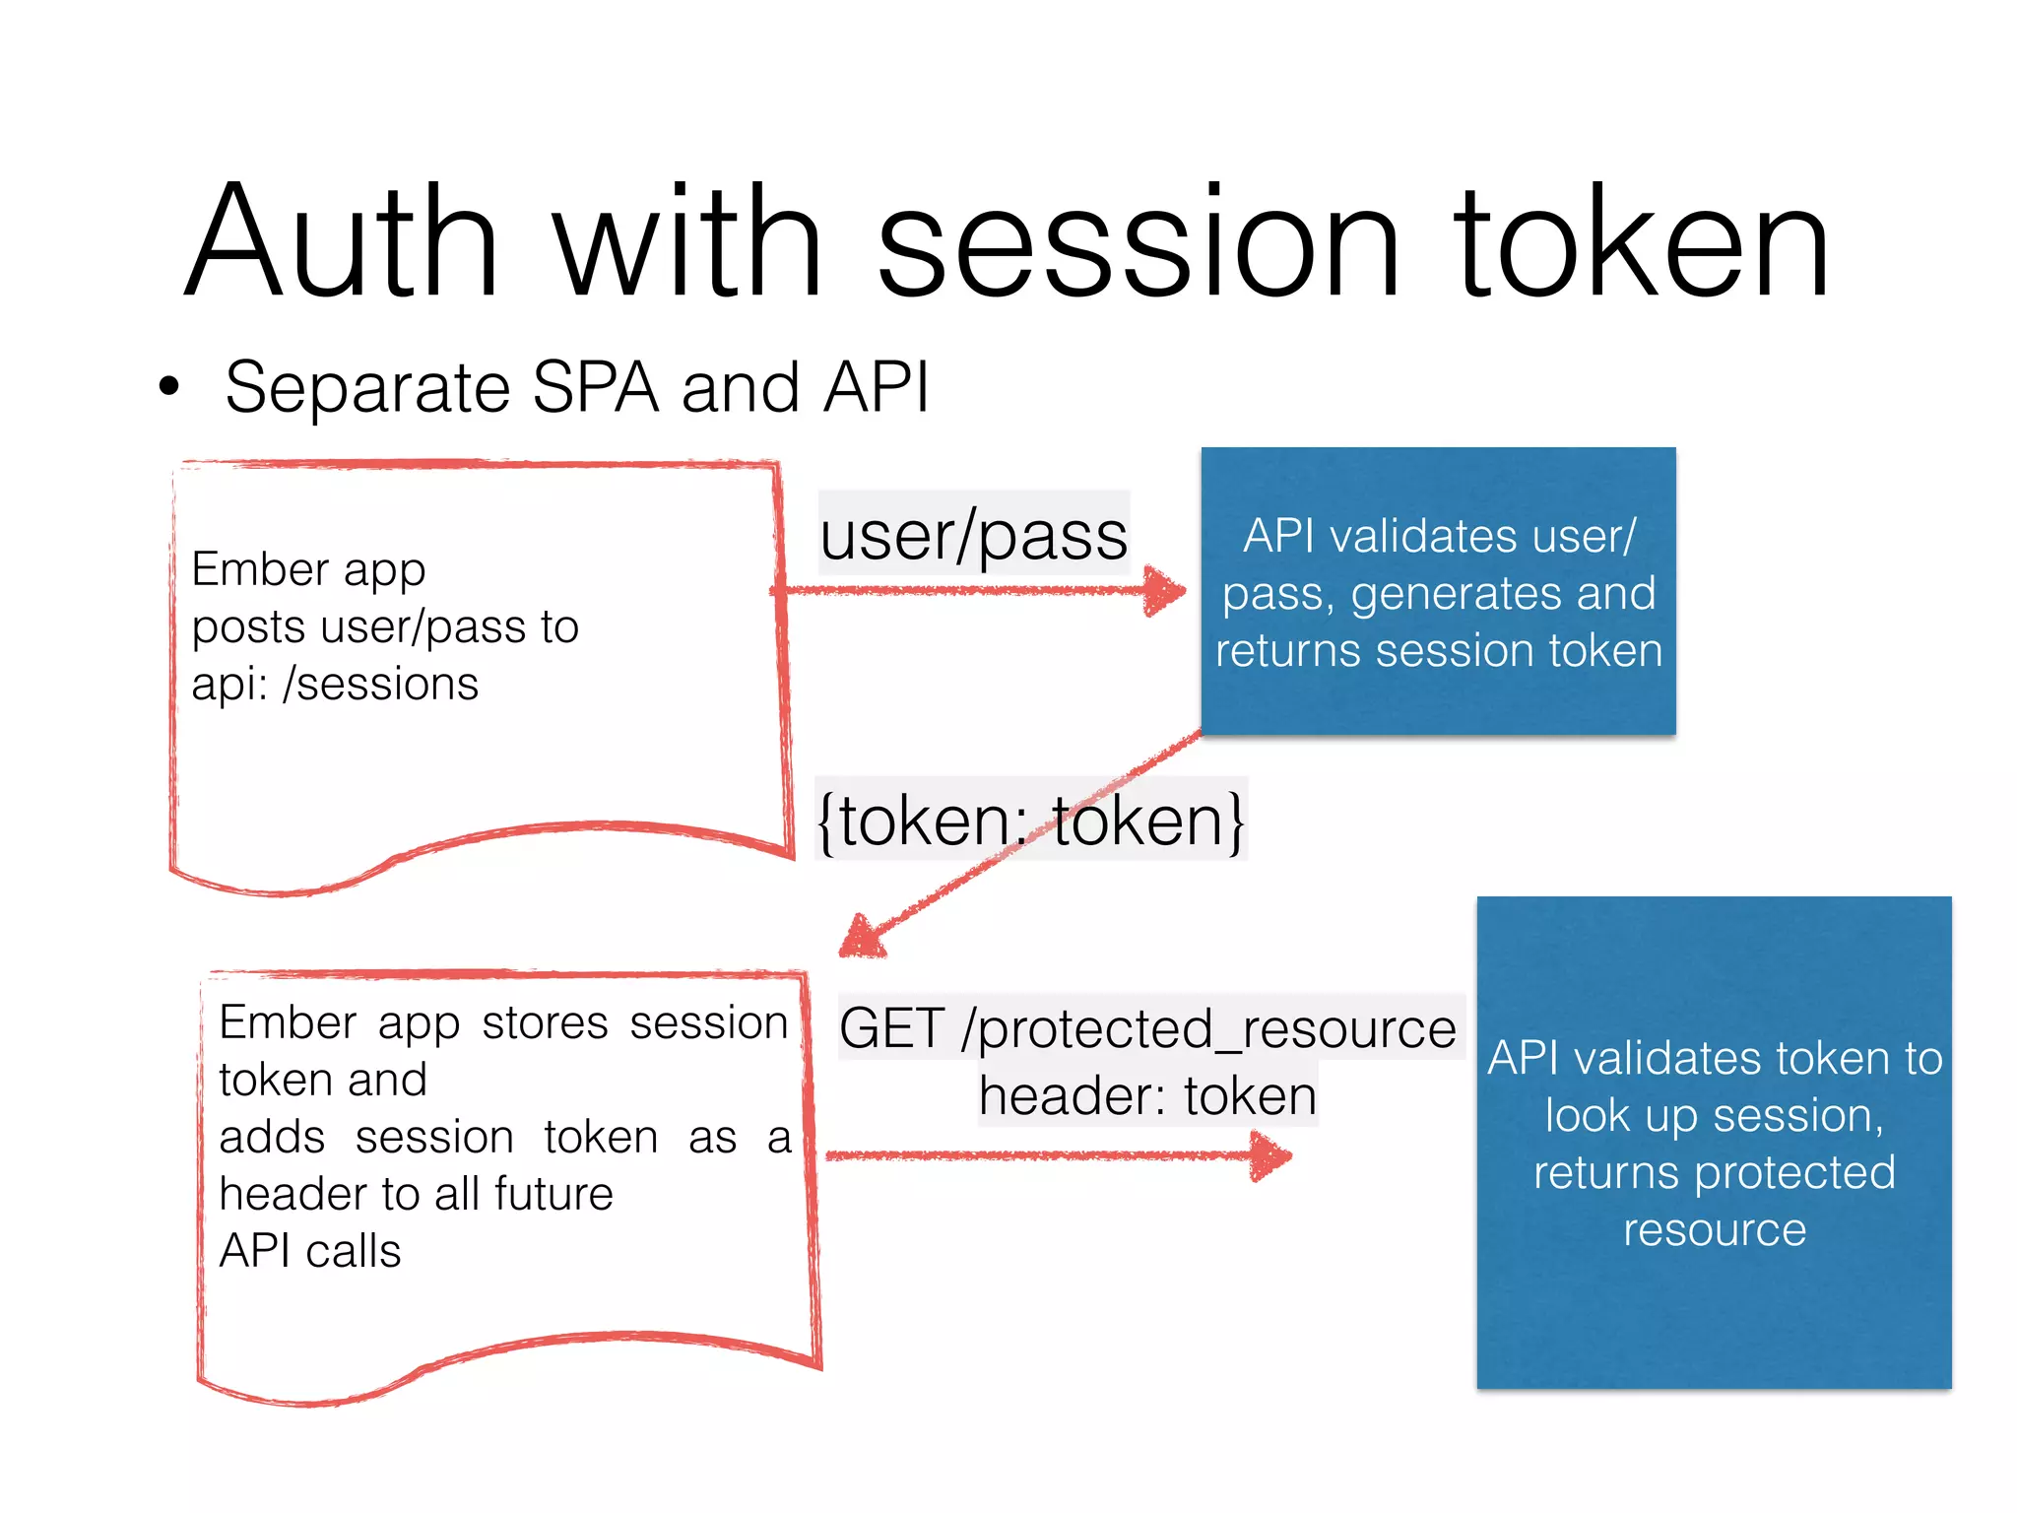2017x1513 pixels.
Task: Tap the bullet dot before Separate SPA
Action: tap(169, 387)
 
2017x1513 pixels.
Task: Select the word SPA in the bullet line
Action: tap(595, 387)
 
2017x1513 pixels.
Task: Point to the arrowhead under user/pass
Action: tap(1165, 591)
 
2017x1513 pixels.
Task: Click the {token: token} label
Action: tap(1031, 820)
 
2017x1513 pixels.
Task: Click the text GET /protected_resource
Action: tap(1147, 1028)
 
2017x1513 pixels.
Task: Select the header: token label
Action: tap(1147, 1096)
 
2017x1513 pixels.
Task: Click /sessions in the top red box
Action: tap(380, 685)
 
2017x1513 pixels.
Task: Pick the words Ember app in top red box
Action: tap(308, 569)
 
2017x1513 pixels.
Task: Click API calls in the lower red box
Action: tap(310, 1251)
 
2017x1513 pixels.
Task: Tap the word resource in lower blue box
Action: tap(1714, 1229)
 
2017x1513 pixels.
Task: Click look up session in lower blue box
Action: tap(1714, 1116)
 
